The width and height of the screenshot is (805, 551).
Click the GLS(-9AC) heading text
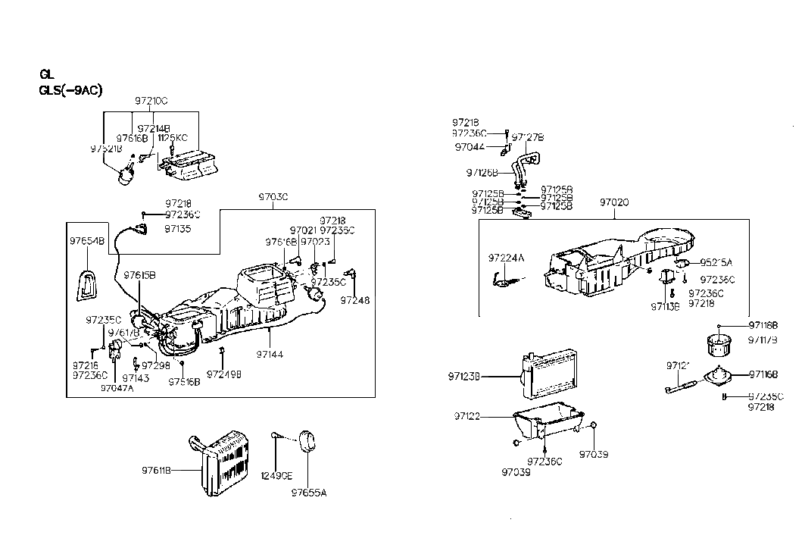coord(70,89)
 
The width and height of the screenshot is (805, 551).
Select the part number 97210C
coord(151,101)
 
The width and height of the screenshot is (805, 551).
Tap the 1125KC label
coord(172,137)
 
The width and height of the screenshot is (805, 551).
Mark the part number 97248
coord(355,300)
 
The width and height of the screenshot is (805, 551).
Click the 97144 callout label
coord(270,354)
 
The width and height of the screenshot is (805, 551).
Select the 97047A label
coord(117,387)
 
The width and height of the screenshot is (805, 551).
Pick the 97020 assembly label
coord(614,203)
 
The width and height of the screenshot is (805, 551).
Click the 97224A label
coord(506,258)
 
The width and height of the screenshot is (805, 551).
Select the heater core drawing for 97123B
coord(548,376)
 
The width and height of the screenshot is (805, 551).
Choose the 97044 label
coord(470,148)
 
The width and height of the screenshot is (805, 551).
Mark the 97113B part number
coord(665,307)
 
